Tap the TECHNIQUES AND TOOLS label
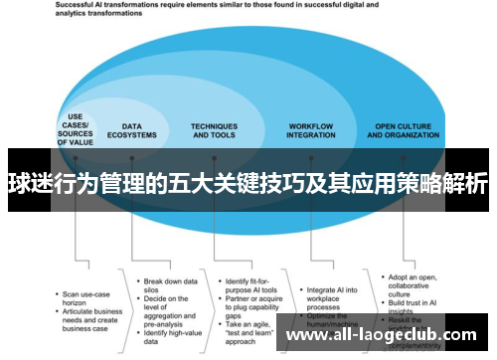click(x=214, y=130)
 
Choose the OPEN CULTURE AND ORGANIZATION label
click(x=406, y=130)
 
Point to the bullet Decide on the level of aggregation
click(x=171, y=287)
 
